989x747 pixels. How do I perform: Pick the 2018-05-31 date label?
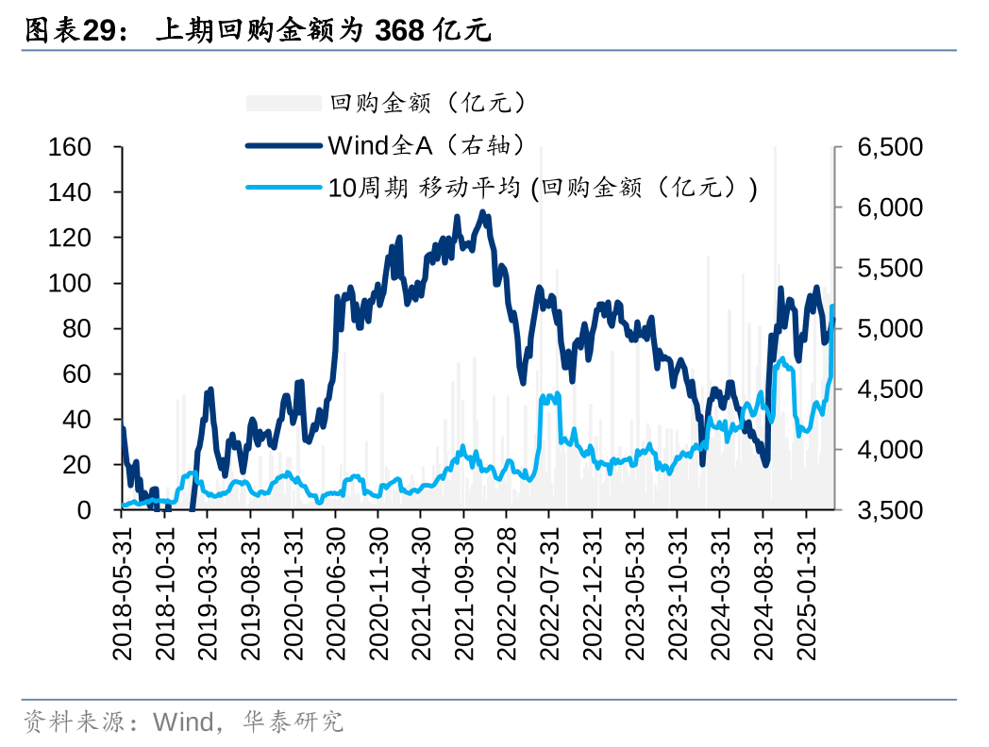[x=123, y=592]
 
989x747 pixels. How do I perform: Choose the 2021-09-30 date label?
[x=463, y=592]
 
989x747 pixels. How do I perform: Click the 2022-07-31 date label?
[x=549, y=592]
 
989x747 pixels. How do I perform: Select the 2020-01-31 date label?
[x=293, y=592]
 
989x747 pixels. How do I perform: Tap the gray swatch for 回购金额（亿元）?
[x=283, y=103]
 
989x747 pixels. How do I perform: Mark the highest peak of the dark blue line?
[x=482, y=213]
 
